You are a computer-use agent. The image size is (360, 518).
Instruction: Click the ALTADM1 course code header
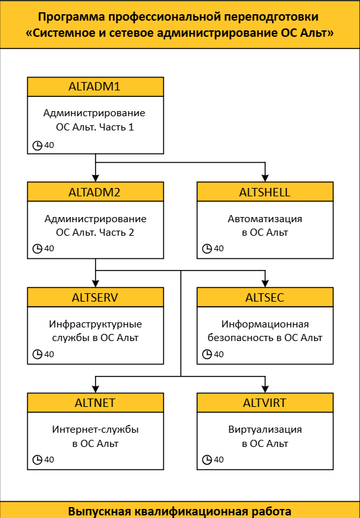click(x=94, y=87)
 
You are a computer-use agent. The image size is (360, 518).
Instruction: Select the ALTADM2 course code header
click(x=94, y=192)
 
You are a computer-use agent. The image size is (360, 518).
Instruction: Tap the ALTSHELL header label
click(x=265, y=192)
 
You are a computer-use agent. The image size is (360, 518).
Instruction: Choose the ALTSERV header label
click(x=95, y=297)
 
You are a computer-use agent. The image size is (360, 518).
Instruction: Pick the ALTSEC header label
click(x=265, y=297)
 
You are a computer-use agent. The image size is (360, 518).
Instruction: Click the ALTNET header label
click(x=95, y=402)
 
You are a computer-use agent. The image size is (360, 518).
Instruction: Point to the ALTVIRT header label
click(x=265, y=402)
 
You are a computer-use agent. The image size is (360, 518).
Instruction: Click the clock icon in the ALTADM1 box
click(x=37, y=145)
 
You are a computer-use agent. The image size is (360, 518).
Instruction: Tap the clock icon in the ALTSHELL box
click(x=207, y=249)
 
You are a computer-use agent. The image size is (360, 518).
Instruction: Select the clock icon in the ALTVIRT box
click(x=207, y=459)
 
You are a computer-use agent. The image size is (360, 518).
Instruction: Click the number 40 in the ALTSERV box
click(x=49, y=354)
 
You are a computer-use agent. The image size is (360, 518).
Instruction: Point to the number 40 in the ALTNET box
click(x=49, y=459)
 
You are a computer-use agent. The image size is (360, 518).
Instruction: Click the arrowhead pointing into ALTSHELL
click(x=265, y=178)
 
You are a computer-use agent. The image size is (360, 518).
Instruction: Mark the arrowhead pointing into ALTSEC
click(x=265, y=283)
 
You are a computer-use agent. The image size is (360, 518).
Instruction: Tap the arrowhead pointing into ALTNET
click(x=96, y=389)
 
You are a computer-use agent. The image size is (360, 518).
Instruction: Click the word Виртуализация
click(x=265, y=430)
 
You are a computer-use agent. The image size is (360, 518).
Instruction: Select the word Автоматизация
click(x=265, y=219)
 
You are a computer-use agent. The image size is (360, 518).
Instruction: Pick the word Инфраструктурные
click(x=96, y=324)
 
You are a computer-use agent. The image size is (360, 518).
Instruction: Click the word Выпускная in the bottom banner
click(x=100, y=511)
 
